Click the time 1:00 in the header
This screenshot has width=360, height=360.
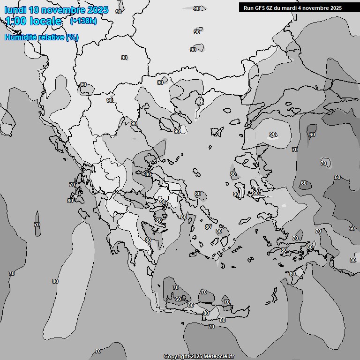pos(15,21)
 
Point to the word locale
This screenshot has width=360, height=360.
pos(45,21)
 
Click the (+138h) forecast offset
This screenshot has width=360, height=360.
pos(83,21)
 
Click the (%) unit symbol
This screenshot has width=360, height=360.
pos(72,37)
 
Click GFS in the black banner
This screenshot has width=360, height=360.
pos(260,8)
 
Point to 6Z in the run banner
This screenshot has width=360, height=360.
pos(270,8)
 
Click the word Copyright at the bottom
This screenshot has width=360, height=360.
pos(176,357)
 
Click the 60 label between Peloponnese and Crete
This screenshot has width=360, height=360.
pos(178,299)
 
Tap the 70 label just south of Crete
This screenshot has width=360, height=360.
pos(211,327)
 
